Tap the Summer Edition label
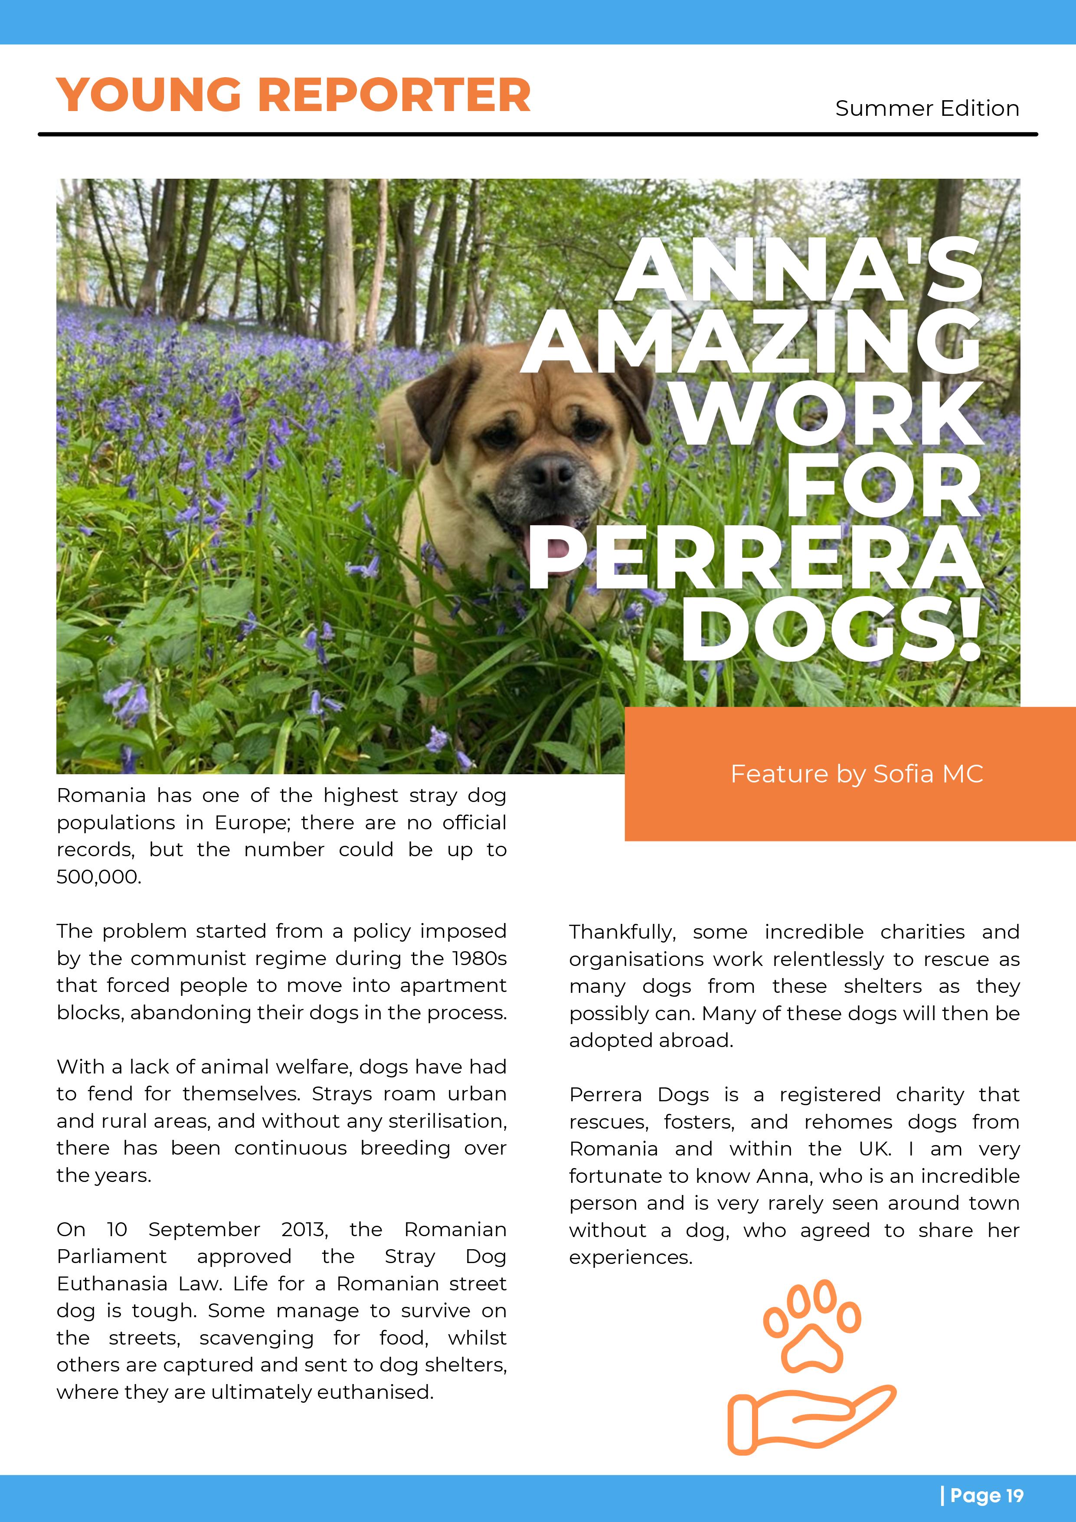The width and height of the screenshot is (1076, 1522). coord(927,108)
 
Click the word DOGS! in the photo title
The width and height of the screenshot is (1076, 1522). coord(831,630)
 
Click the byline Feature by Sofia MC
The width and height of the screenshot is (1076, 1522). coord(857,774)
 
